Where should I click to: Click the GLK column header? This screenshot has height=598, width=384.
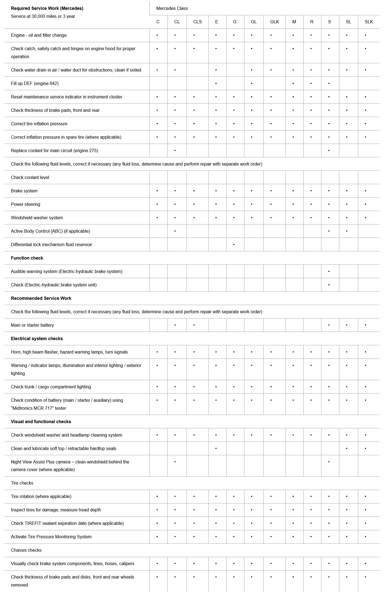[x=274, y=22]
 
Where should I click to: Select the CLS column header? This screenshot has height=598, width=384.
[x=197, y=22]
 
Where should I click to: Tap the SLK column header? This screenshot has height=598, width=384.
[x=369, y=22]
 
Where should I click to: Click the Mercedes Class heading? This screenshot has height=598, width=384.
[x=172, y=8]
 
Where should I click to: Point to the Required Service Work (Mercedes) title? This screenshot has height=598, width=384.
[x=47, y=8]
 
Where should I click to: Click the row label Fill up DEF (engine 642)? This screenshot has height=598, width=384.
[x=35, y=83]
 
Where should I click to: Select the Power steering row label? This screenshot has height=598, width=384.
[x=26, y=204]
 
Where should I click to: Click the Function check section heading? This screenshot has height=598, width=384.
[x=27, y=258]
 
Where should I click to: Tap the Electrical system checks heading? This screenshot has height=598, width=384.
[x=37, y=338]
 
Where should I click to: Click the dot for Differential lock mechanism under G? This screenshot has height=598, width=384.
[x=234, y=244]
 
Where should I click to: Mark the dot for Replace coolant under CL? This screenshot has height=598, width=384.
[x=175, y=150]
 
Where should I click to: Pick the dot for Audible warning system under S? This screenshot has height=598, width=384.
[x=329, y=271]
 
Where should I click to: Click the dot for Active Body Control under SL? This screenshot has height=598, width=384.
[x=347, y=231]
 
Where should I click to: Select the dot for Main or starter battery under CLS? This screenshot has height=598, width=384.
[x=194, y=325]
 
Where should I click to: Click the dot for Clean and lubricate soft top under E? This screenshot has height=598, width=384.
[x=216, y=449]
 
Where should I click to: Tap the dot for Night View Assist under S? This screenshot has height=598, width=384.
[x=329, y=462]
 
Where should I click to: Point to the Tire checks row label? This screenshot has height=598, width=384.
[x=22, y=483]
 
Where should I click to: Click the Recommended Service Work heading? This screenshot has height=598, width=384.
[x=41, y=298]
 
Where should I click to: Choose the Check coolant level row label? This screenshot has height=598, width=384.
[x=30, y=177]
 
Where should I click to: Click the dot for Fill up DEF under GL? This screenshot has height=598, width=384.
[x=252, y=83]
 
